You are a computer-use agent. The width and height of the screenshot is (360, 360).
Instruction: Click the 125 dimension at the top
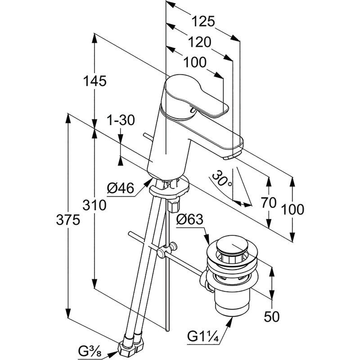tap(203, 21)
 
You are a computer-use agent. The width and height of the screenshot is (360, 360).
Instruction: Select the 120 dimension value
tap(199, 42)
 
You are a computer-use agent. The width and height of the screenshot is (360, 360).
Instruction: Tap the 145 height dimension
tap(94, 81)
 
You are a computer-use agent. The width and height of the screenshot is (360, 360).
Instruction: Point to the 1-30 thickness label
tap(121, 120)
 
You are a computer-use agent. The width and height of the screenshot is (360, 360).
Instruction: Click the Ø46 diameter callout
tap(120, 188)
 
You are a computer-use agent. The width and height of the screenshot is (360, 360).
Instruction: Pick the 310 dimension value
tap(94, 205)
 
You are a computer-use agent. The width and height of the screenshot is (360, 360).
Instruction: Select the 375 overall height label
tap(68, 220)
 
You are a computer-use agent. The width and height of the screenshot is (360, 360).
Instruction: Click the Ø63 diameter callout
tap(189, 219)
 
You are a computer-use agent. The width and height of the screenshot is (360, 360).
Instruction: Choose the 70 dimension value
tap(269, 203)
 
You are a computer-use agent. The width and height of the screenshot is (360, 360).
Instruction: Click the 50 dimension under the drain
tap(272, 317)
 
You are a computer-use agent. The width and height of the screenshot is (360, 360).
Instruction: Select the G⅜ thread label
tap(90, 351)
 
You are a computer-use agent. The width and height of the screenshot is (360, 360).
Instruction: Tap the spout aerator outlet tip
tap(232, 156)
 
